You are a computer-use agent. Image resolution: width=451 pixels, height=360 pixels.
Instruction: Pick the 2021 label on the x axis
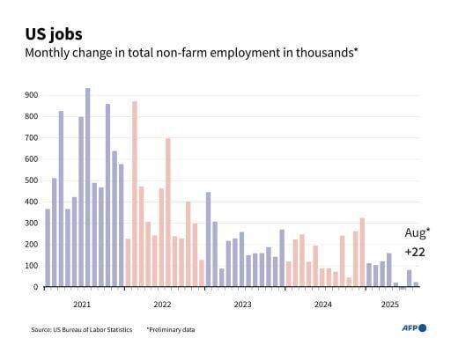pos(82,305)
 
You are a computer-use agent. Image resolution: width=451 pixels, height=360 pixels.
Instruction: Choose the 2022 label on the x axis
pos(162,305)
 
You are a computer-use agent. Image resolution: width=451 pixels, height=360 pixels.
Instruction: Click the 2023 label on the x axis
pos(242,305)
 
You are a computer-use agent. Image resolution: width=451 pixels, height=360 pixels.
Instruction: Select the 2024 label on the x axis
pos(322,305)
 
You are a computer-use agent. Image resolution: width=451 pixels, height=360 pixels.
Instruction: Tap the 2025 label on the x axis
pos(389,305)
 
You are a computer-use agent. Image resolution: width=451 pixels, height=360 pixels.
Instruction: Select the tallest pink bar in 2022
pos(134,194)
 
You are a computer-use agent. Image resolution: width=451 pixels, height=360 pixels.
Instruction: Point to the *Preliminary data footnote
pos(171,329)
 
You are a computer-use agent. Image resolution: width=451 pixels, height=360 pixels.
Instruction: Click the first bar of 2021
pos(48,247)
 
